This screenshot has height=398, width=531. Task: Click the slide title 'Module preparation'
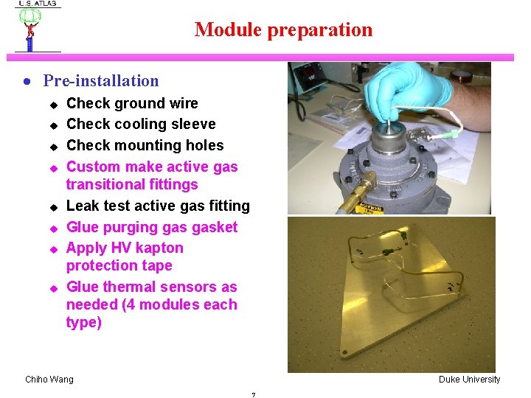pos(283,30)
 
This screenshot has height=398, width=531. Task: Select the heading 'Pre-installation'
pos(101,81)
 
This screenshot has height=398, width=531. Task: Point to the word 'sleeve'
pos(192,124)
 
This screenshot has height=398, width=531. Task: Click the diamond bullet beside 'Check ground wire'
pos(52,104)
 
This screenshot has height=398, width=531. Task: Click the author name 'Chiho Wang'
pos(49,380)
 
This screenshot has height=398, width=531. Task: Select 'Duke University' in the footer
pos(469,380)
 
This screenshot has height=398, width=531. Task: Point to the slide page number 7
pos(253,395)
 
